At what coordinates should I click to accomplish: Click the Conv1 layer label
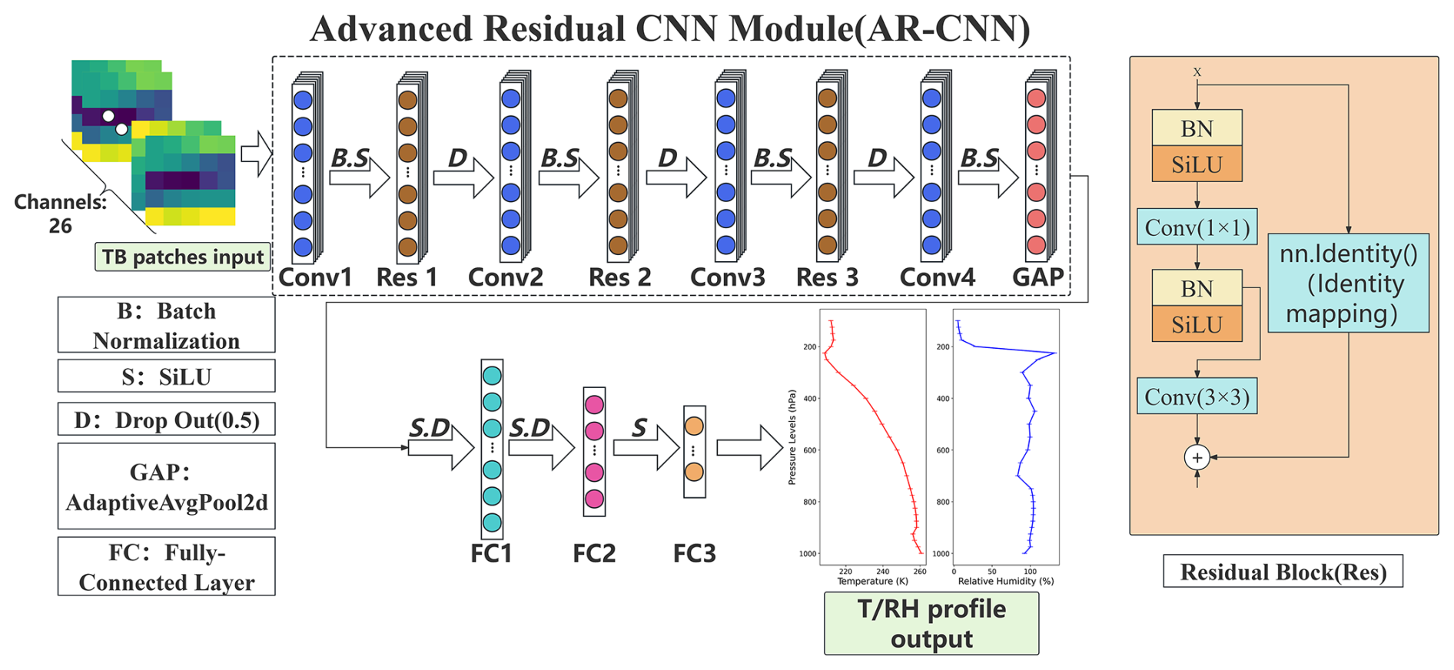coord(315,277)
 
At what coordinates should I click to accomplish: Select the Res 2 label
coord(619,277)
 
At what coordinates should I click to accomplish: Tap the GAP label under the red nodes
coord(1037,277)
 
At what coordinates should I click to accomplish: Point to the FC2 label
coord(594,553)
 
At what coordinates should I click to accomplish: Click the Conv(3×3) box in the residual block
coord(1197,396)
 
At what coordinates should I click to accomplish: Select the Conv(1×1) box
coord(1197,227)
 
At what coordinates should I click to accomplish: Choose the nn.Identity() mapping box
coord(1348,283)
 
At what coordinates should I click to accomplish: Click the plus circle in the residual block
coord(1197,458)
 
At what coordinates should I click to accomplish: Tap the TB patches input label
coord(183,257)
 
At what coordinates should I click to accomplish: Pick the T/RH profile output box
coord(931,623)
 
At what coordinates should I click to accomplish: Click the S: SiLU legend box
coord(166,376)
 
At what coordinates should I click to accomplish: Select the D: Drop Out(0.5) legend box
coord(166,420)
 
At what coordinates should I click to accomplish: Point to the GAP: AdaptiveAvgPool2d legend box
coord(166,486)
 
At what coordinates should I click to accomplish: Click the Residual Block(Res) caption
coord(1283,572)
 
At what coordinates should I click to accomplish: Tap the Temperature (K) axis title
coord(872,582)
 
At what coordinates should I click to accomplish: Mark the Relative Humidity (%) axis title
coord(1005,582)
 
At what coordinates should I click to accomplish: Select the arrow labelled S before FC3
coord(646,447)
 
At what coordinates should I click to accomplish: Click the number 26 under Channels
coord(60,226)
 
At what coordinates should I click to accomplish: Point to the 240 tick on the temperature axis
coord(882,572)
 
